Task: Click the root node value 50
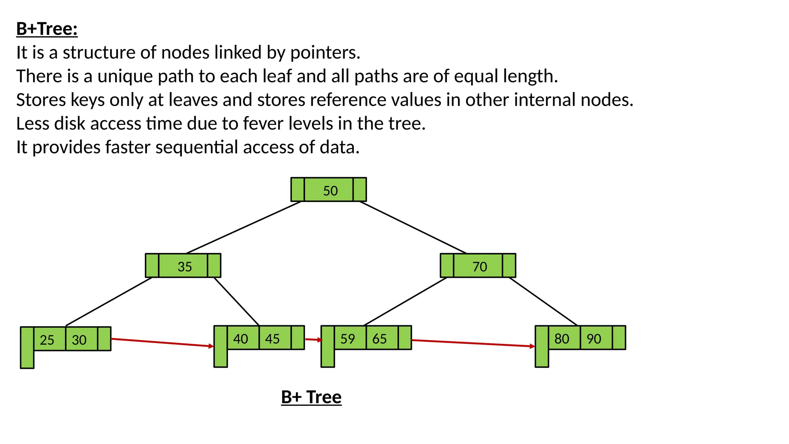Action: [x=330, y=190]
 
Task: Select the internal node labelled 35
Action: [x=184, y=266]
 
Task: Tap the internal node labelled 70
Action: [x=479, y=266]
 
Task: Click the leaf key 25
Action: [x=47, y=340]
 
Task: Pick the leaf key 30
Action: [x=79, y=340]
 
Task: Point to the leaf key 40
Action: [x=241, y=338]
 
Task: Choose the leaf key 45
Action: [x=272, y=338]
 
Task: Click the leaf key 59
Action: [x=347, y=338]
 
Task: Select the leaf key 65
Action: [x=379, y=338]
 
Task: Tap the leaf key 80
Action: [x=562, y=338]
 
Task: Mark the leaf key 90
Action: [x=594, y=338]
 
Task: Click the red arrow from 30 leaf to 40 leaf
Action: [x=162, y=343]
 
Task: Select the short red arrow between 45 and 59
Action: [x=313, y=340]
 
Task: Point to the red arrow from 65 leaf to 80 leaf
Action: [x=473, y=343]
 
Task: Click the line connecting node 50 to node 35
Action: [x=243, y=227]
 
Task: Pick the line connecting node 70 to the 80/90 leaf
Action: [x=543, y=301]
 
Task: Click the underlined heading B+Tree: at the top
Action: [x=47, y=29]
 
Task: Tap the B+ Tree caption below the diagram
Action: [x=311, y=397]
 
